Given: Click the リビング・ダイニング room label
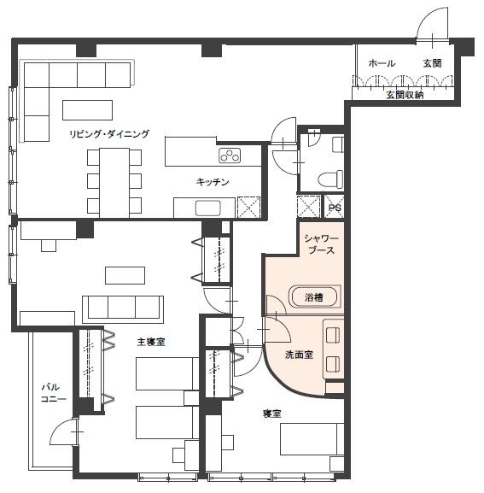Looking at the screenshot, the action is point(109,134).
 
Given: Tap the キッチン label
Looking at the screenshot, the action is point(213,182).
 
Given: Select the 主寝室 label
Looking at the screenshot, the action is point(151,342).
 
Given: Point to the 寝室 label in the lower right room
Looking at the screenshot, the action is point(271,414).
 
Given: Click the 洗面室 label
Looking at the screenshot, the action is point(299,355).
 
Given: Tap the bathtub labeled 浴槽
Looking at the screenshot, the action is point(314,296).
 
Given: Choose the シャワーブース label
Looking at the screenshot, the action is point(321,244).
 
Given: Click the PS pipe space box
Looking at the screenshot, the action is point(334,207).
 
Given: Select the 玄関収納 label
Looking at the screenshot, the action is point(405,95).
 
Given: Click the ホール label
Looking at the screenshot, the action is point(382,63).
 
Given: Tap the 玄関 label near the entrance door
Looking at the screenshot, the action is point(432,63).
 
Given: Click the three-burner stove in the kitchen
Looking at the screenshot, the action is point(230,156).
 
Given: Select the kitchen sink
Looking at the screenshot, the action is point(208,208).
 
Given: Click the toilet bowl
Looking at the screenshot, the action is point(330,179).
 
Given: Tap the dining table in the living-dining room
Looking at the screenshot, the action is point(114,183).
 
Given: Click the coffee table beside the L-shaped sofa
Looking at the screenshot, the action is point(87,110).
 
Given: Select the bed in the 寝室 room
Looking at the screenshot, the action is point(312,439).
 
